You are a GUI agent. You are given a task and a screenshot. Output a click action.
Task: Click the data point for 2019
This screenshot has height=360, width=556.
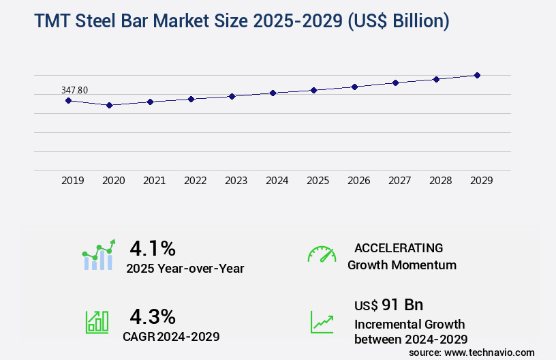pyautogui.click(x=68, y=100)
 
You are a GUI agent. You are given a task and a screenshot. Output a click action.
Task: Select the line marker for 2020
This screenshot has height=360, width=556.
pyautogui.click(x=109, y=105)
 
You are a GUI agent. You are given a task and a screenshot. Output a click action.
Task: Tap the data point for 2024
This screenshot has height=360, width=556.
pyautogui.click(x=273, y=93)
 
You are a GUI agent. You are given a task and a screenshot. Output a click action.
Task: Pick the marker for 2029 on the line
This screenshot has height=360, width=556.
pyautogui.click(x=477, y=75)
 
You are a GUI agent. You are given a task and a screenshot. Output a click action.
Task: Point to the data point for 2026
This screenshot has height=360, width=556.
pyautogui.click(x=354, y=87)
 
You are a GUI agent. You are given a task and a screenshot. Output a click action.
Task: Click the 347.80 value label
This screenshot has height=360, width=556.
pyautogui.click(x=74, y=90)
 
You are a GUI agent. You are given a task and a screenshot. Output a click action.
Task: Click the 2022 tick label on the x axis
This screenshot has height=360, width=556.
pyautogui.click(x=195, y=181)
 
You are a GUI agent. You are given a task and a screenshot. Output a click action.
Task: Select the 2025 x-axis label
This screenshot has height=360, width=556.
pyautogui.click(x=318, y=181)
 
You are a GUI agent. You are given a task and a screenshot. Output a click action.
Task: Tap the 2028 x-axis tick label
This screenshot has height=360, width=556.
pyautogui.click(x=440, y=181)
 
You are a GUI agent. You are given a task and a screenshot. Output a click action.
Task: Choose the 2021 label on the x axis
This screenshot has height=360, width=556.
pyautogui.click(x=154, y=181)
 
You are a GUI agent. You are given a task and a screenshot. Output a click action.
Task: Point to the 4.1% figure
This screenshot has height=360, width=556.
pyautogui.click(x=153, y=247)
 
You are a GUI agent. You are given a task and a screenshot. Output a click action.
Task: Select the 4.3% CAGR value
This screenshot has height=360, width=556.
pyautogui.click(x=153, y=316)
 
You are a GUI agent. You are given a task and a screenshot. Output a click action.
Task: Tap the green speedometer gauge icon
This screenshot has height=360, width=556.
pyautogui.click(x=322, y=254)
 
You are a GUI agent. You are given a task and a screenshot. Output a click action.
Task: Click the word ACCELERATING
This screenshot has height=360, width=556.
pyautogui.click(x=399, y=247)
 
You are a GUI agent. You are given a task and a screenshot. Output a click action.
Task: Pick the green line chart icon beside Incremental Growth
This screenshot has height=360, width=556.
pyautogui.click(x=322, y=322)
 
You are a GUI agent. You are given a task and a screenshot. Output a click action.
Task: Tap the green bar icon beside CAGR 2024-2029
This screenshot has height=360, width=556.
pyautogui.click(x=96, y=321)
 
